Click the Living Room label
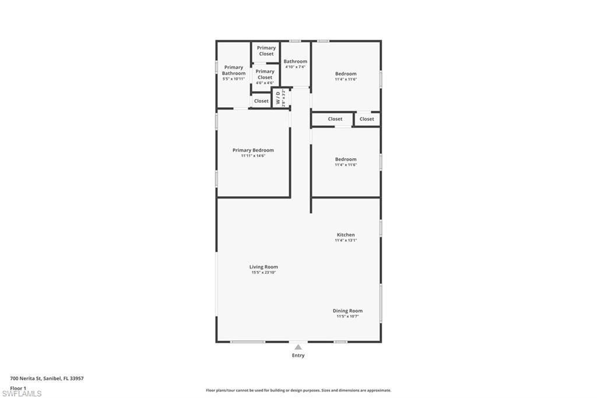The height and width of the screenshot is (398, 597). [x=264, y=267]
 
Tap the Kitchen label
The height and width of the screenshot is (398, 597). [x=346, y=235]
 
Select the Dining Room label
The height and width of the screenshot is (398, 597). [x=347, y=311]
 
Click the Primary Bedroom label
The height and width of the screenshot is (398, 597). [x=253, y=150]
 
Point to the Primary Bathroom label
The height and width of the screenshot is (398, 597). [x=234, y=70]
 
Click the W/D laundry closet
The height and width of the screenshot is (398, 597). [x=281, y=97]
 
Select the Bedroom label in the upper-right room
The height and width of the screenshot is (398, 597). [x=346, y=74]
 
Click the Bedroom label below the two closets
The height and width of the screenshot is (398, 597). [x=346, y=159]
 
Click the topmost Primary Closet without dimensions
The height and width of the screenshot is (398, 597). [x=266, y=51]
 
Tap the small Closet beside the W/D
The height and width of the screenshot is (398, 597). [x=261, y=101]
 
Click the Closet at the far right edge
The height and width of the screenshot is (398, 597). [x=367, y=119]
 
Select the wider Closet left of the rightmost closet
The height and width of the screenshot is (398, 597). [x=335, y=119]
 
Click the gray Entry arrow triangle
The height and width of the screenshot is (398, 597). [x=298, y=347]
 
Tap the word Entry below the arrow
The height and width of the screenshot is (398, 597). [x=298, y=355]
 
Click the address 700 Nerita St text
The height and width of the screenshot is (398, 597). [x=47, y=378]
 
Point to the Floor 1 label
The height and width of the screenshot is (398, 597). [x=18, y=388]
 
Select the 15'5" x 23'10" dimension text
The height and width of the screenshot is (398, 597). [x=264, y=273]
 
